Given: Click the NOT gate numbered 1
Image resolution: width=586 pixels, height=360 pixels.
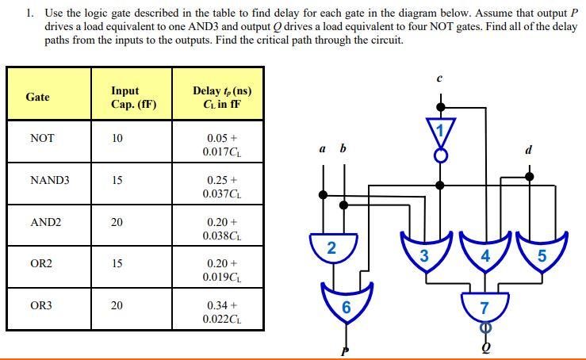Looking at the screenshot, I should click(x=441, y=128).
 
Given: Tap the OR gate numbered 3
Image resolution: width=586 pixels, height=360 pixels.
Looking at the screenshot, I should click(x=424, y=255).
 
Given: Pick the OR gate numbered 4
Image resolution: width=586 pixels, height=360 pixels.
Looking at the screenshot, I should click(x=485, y=255).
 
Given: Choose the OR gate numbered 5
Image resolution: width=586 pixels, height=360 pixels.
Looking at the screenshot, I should click(x=542, y=255).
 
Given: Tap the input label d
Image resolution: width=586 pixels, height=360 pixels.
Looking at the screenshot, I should click(x=529, y=149).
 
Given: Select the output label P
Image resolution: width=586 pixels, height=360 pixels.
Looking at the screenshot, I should click(x=344, y=350).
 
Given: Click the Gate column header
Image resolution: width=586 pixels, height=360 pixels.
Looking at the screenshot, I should click(x=37, y=97).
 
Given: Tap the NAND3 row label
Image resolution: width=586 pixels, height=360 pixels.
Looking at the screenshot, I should click(x=49, y=180).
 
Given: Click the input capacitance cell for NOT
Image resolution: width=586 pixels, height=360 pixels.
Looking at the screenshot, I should click(x=117, y=138).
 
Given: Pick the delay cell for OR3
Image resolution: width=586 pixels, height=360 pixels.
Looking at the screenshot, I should click(x=221, y=311).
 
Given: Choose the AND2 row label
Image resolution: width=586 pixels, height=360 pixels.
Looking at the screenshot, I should click(x=45, y=222).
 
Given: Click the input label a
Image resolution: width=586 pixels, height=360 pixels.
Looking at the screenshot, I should click(x=322, y=149).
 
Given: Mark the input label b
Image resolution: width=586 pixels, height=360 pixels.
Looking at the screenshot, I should click(x=343, y=148).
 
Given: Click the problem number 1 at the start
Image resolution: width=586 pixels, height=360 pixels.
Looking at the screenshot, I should click(x=29, y=13).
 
